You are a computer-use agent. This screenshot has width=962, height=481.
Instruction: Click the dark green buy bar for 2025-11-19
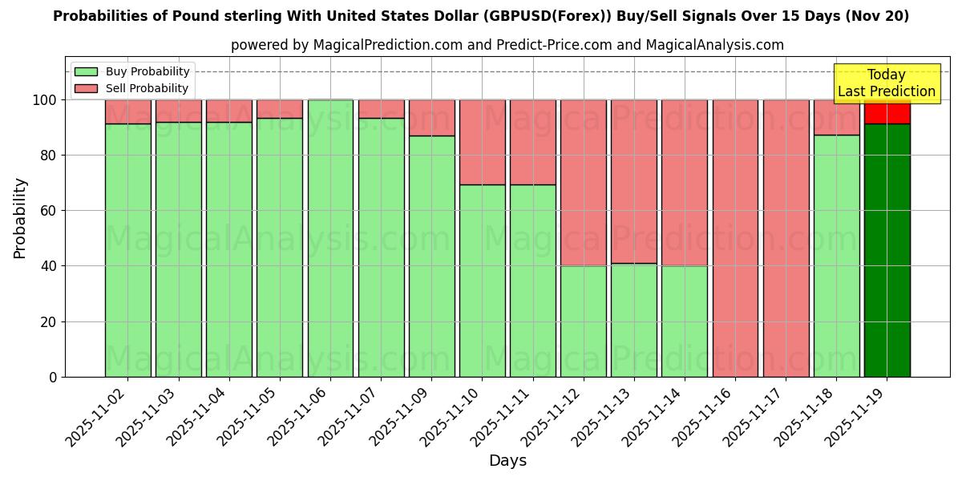tap(887, 250)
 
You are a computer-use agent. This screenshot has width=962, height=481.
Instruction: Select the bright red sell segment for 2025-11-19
tap(887, 113)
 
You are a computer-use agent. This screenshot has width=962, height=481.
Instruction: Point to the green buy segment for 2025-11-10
tap(482, 281)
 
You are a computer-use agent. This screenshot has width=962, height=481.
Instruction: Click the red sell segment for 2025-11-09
tap(431, 117)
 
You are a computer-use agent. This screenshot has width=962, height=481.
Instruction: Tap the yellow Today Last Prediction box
tap(886, 83)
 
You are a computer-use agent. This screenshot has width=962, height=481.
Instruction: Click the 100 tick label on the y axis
tap(44, 100)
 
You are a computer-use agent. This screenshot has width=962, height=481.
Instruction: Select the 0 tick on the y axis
tap(53, 377)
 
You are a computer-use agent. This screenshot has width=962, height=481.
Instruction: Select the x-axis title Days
tap(507, 461)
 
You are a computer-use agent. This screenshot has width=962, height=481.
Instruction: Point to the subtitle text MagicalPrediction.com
tap(387, 45)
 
